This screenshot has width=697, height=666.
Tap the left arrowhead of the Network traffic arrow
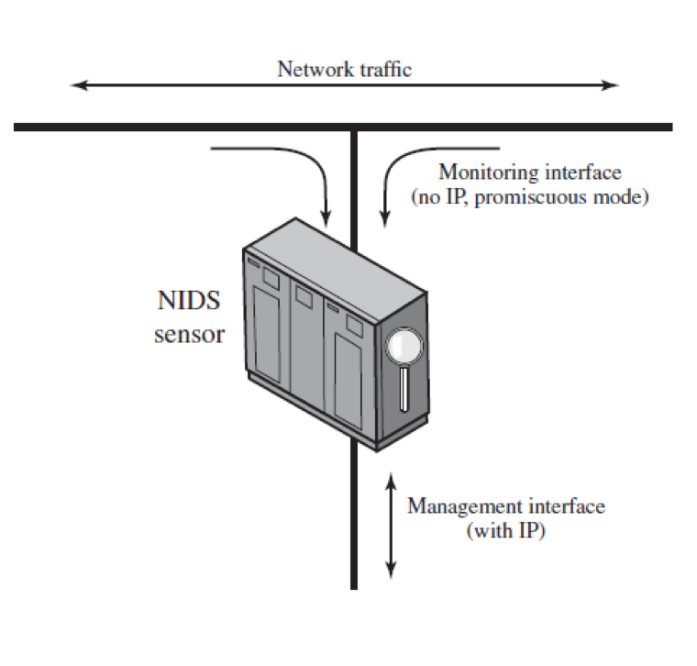click(77, 85)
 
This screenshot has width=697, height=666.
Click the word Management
click(459, 505)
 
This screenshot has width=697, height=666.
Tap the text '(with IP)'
click(505, 530)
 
